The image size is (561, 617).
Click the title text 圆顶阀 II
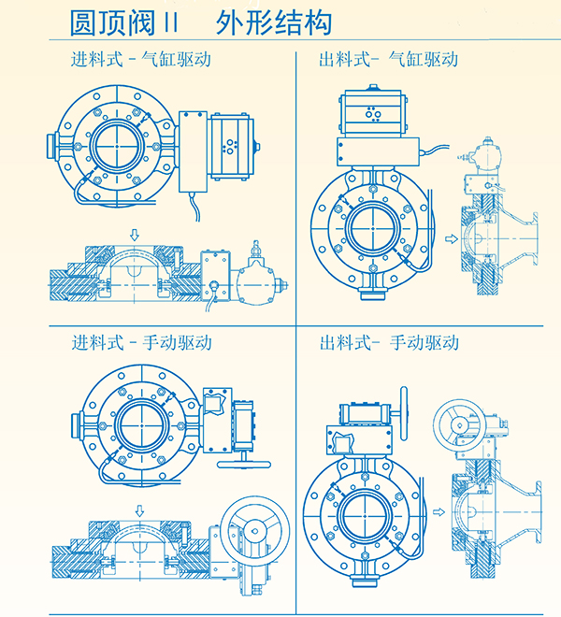point(122,20)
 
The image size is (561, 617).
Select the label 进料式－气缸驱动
point(141,60)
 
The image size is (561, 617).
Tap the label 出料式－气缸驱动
point(388,60)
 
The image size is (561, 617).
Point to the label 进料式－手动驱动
point(141,342)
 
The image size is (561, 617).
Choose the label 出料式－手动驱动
point(388,342)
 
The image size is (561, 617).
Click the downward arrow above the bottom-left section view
point(139,510)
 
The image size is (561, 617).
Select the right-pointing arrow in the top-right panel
point(453,239)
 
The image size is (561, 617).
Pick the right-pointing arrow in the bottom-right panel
point(439,512)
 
